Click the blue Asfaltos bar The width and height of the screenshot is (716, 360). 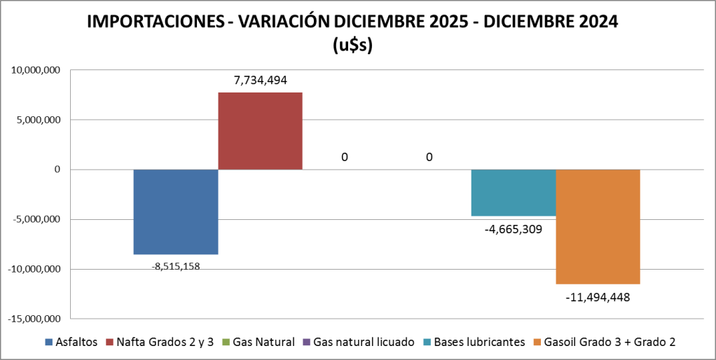pos(176,212)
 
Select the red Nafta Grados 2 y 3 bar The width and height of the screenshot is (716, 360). pos(260,131)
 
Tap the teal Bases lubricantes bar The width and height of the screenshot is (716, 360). pos(513,193)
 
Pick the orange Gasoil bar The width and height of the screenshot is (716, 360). pos(598,226)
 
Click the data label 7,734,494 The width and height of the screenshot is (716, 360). pos(261,81)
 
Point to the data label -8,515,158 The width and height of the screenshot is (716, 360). pos(176,265)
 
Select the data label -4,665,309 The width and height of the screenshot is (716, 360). pos(514,228)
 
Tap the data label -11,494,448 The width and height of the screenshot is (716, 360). pos(598,297)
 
